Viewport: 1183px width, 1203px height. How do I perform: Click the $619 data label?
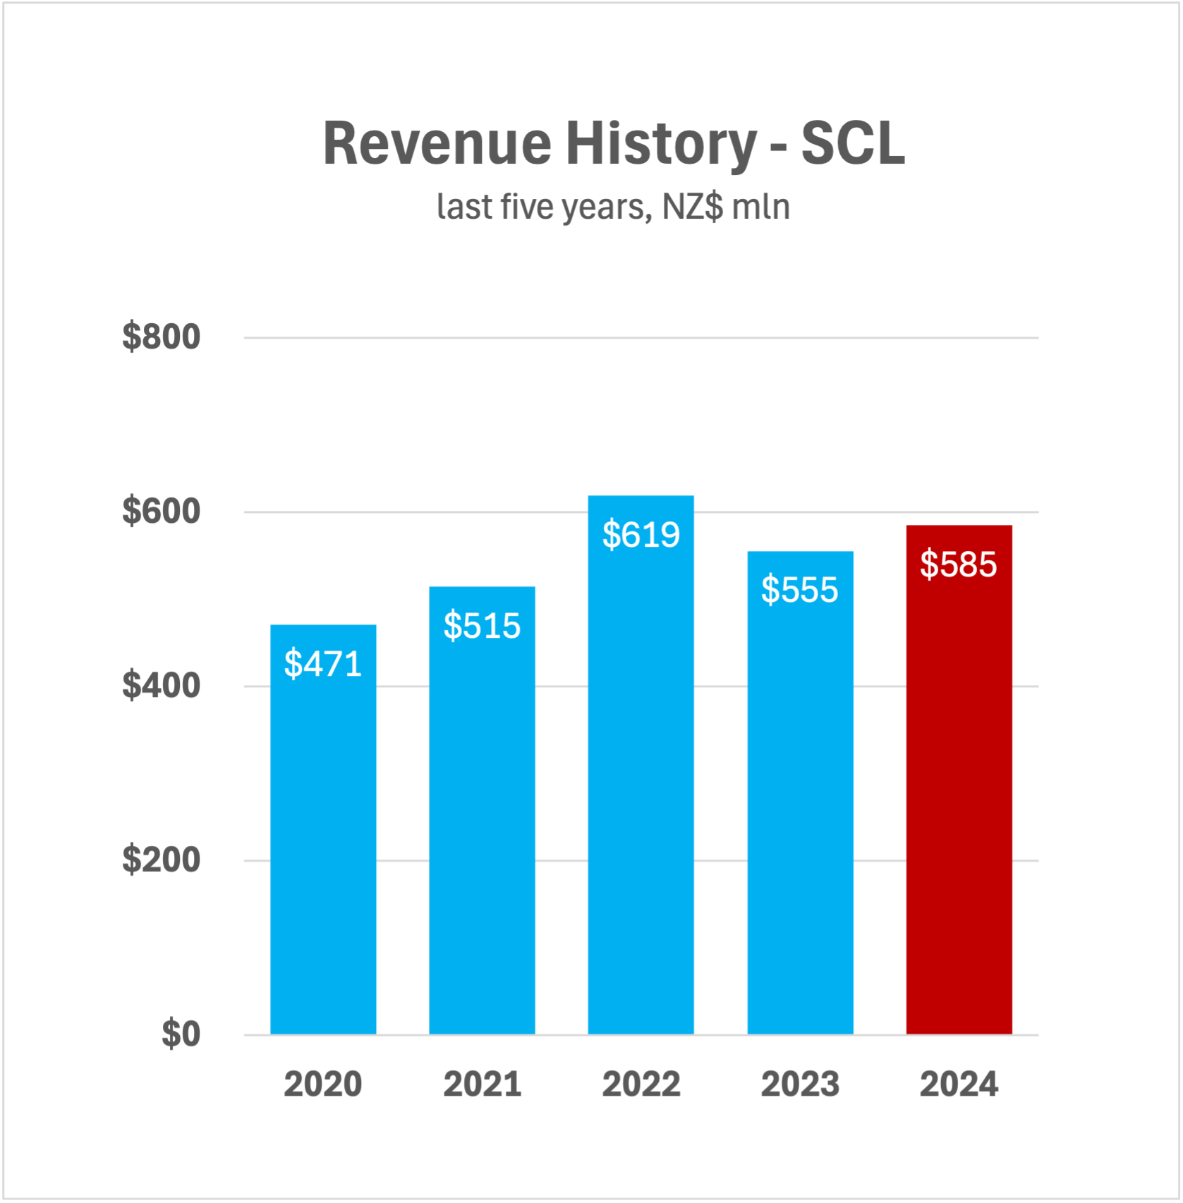pyautogui.click(x=641, y=535)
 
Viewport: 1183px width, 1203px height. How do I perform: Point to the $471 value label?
pyautogui.click(x=323, y=664)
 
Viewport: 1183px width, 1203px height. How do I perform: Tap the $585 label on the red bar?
pyautogui.click(x=959, y=564)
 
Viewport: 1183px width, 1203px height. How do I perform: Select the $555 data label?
pyautogui.click(x=800, y=590)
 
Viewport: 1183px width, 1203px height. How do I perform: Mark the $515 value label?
pyautogui.click(x=482, y=626)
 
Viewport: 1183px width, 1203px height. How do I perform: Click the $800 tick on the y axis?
pyautogui.click(x=162, y=337)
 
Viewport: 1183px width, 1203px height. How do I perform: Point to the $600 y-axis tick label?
pyautogui.click(x=162, y=511)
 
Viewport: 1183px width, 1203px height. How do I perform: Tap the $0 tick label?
pyautogui.click(x=181, y=1034)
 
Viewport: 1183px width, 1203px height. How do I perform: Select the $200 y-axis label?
pyautogui.click(x=162, y=859)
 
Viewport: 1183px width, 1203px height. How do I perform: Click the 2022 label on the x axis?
pyautogui.click(x=641, y=1084)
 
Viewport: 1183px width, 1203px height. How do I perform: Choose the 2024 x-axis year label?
pyautogui.click(x=959, y=1084)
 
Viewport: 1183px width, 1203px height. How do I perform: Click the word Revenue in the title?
pyautogui.click(x=437, y=144)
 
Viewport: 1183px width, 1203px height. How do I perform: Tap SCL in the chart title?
pyautogui.click(x=853, y=144)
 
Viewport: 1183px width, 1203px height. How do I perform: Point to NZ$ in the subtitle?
pyautogui.click(x=692, y=207)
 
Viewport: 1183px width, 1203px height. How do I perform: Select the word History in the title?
pyautogui.click(x=660, y=144)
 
